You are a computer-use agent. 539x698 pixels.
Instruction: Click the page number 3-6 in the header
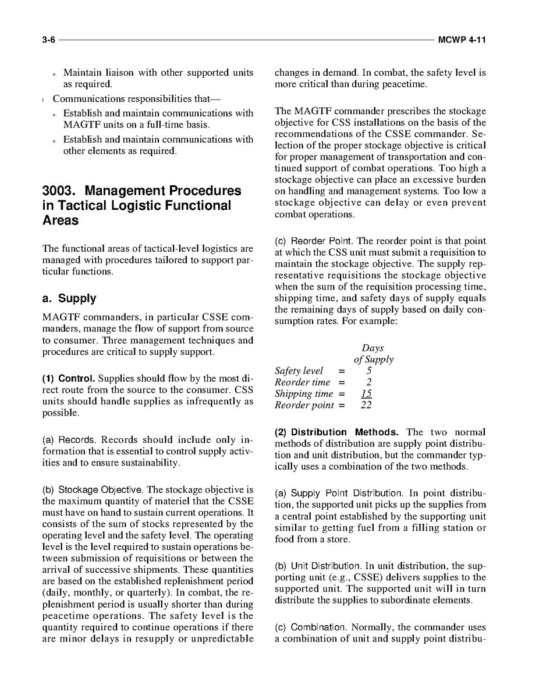48,40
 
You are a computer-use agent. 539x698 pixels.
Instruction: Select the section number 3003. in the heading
61,191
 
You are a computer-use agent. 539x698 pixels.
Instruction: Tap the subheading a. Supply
69,298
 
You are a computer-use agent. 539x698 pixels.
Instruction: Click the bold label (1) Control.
69,378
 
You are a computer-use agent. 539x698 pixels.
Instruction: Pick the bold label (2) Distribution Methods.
336,432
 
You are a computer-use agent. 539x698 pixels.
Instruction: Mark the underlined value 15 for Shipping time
367,394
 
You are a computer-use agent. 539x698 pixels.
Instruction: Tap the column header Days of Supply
373,354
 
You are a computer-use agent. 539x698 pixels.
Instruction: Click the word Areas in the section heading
61,221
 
